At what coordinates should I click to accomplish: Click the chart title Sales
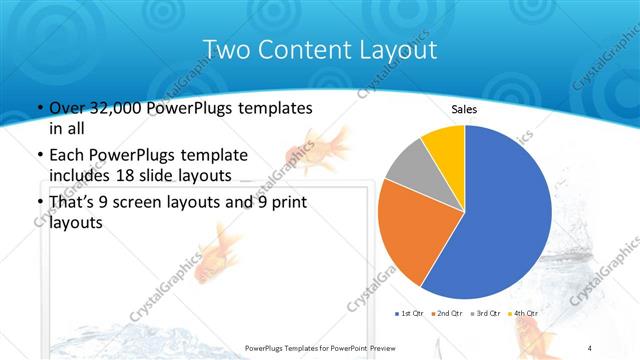[463, 109]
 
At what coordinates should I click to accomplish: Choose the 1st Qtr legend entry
[413, 314]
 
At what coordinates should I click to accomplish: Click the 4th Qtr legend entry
[527, 314]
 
